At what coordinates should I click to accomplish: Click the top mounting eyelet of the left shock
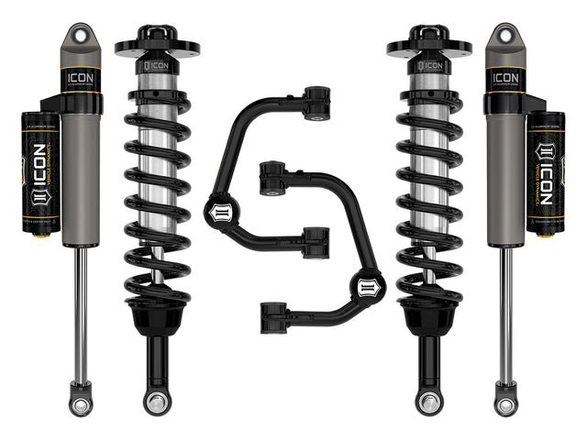coord(81,36)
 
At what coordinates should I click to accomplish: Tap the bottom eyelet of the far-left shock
coord(81,401)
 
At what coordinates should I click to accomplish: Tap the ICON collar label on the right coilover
coord(427,66)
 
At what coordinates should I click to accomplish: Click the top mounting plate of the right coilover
coord(429,46)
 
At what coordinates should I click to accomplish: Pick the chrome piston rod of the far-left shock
coord(81,312)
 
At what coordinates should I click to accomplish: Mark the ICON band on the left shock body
coord(81,79)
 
